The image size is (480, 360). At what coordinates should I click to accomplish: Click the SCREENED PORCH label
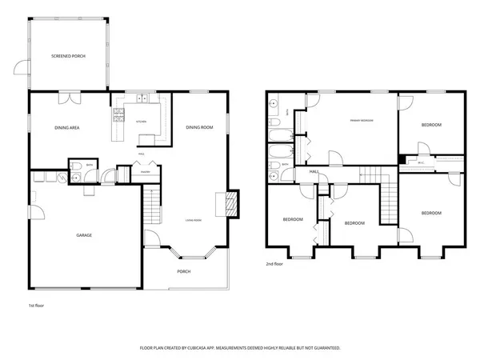coord(68,56)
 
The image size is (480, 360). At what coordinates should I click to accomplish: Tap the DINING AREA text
coord(66,128)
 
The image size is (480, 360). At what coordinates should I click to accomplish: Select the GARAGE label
coord(84,235)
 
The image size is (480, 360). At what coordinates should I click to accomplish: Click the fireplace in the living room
coord(233,203)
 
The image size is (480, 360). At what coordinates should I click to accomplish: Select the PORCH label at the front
coord(183,271)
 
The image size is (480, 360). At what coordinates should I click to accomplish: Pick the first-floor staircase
coord(151,208)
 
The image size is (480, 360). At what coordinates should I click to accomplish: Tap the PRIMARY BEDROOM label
coord(362,120)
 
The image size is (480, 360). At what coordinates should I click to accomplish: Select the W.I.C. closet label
coord(421,162)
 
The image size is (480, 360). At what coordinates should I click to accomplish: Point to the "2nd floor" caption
coord(275,263)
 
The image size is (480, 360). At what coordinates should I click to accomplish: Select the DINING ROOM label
coord(198,128)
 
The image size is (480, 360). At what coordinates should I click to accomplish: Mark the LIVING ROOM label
coord(193,220)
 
